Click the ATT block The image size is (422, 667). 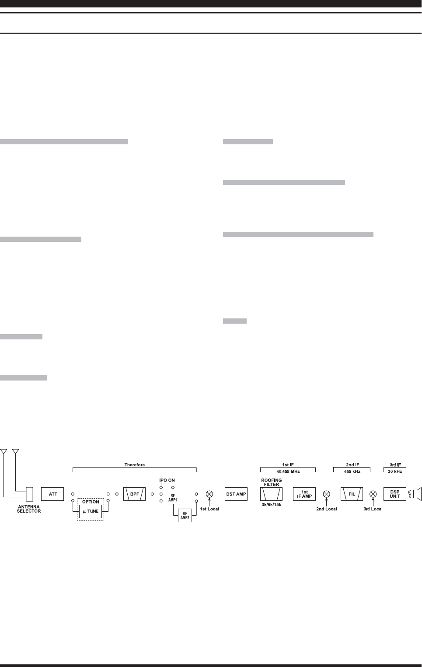pyautogui.click(x=52, y=494)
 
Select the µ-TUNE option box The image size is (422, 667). pyautogui.click(x=91, y=511)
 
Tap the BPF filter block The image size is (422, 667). pyautogui.click(x=134, y=494)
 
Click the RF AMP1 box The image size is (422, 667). pyautogui.click(x=173, y=498)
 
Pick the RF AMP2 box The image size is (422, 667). pyautogui.click(x=185, y=516)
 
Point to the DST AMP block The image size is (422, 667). pyautogui.click(x=236, y=494)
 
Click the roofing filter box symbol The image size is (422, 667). pyautogui.click(x=271, y=494)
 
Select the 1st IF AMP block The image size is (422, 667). pyautogui.click(x=304, y=494)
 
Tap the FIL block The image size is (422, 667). pyautogui.click(x=352, y=494)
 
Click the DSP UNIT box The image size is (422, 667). pyautogui.click(x=395, y=494)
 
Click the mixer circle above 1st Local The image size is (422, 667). pyautogui.click(x=209, y=494)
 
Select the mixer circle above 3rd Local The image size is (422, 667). pyautogui.click(x=373, y=494)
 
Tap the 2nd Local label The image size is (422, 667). pyautogui.click(x=326, y=509)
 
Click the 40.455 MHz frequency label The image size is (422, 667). pyautogui.click(x=288, y=471)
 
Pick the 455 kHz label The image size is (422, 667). pyautogui.click(x=352, y=471)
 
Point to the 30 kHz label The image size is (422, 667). pyautogui.click(x=395, y=471)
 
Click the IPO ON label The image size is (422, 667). pyautogui.click(x=167, y=480)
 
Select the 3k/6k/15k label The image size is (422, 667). pyautogui.click(x=271, y=505)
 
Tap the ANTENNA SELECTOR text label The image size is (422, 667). pyautogui.click(x=29, y=509)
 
